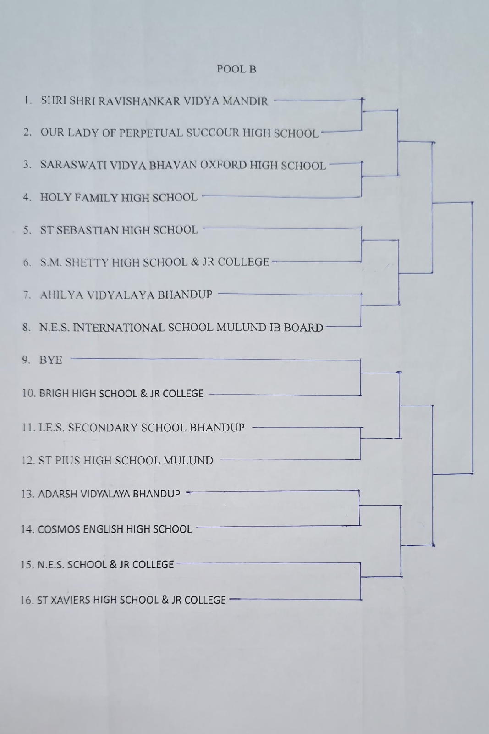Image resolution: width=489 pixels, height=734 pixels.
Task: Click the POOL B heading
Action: pyautogui.click(x=236, y=69)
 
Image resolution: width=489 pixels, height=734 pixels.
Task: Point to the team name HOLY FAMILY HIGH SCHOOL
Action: pyautogui.click(x=119, y=198)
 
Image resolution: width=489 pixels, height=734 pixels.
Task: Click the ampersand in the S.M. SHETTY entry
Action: pyautogui.click(x=195, y=262)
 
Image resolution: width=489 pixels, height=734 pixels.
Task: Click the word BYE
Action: pyautogui.click(x=50, y=360)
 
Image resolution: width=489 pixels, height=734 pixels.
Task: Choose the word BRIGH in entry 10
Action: pyautogui.click(x=54, y=394)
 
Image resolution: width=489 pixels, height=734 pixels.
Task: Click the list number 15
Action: pyautogui.click(x=27, y=565)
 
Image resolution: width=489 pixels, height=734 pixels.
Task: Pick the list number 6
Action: pyautogui.click(x=27, y=263)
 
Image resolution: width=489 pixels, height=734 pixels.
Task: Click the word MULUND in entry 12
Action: pyautogui.click(x=188, y=461)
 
